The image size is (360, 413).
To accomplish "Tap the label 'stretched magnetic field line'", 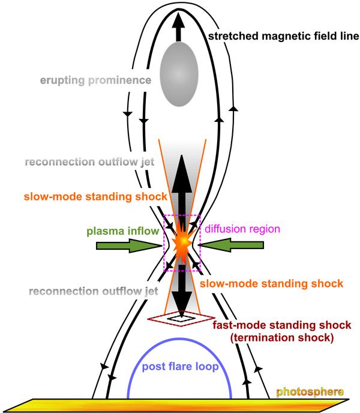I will (283, 37).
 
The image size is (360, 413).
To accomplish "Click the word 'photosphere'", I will (310, 393).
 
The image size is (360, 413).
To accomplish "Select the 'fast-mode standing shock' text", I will (282, 325).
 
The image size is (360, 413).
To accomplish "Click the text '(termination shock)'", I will (282, 337).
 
